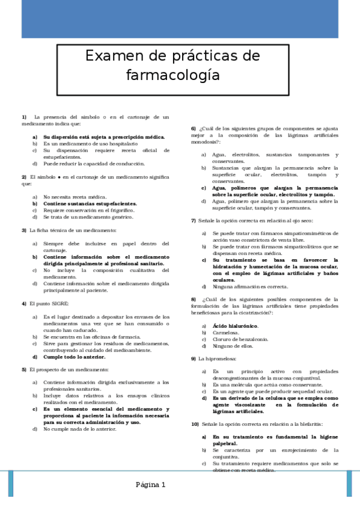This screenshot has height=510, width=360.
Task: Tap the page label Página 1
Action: (150, 484)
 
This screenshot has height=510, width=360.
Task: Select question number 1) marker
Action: (24, 117)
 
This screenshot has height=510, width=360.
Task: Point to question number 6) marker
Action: (194, 128)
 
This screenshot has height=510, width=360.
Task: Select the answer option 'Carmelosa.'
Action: (225, 333)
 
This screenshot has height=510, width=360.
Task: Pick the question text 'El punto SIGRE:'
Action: (49, 303)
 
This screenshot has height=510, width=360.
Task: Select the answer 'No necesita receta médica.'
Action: (75, 197)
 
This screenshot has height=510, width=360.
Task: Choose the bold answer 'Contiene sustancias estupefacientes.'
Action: (90, 204)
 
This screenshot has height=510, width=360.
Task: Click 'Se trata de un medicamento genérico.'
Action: (88, 217)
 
